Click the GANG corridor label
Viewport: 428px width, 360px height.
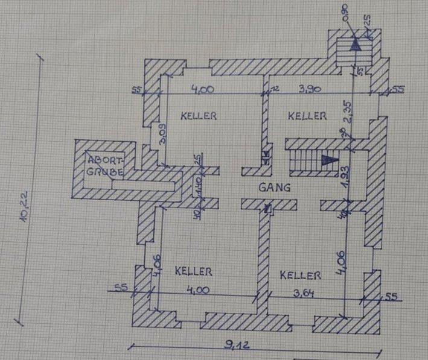275,188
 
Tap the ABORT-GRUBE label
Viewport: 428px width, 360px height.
106,166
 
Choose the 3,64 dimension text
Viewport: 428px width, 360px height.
302,294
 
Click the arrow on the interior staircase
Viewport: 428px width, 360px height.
328,160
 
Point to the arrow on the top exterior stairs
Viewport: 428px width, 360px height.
356,42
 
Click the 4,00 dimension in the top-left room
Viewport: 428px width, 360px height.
203,90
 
